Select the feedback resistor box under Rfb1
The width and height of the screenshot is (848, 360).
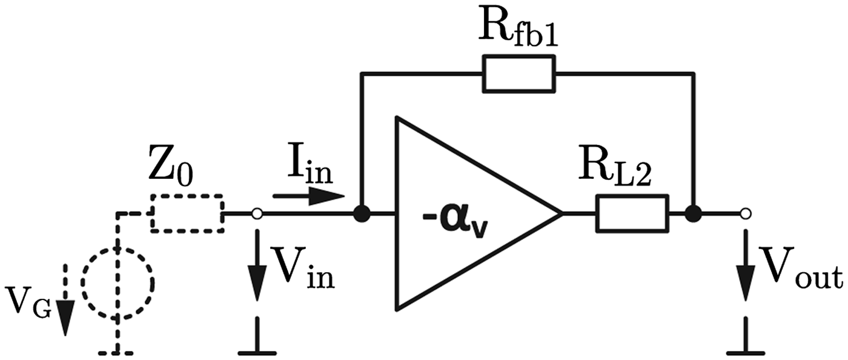pyautogui.click(x=518, y=73)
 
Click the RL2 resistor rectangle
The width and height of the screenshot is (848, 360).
pyautogui.click(x=632, y=213)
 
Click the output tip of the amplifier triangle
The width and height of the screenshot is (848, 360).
pyautogui.click(x=560, y=213)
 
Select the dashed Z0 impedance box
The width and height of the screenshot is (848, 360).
pyautogui.click(x=187, y=213)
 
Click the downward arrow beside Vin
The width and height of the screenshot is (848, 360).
pyautogui.click(x=257, y=267)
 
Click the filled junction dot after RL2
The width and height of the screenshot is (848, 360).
pyautogui.click(x=693, y=213)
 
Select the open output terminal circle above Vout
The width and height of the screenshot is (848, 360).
pyautogui.click(x=746, y=213)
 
